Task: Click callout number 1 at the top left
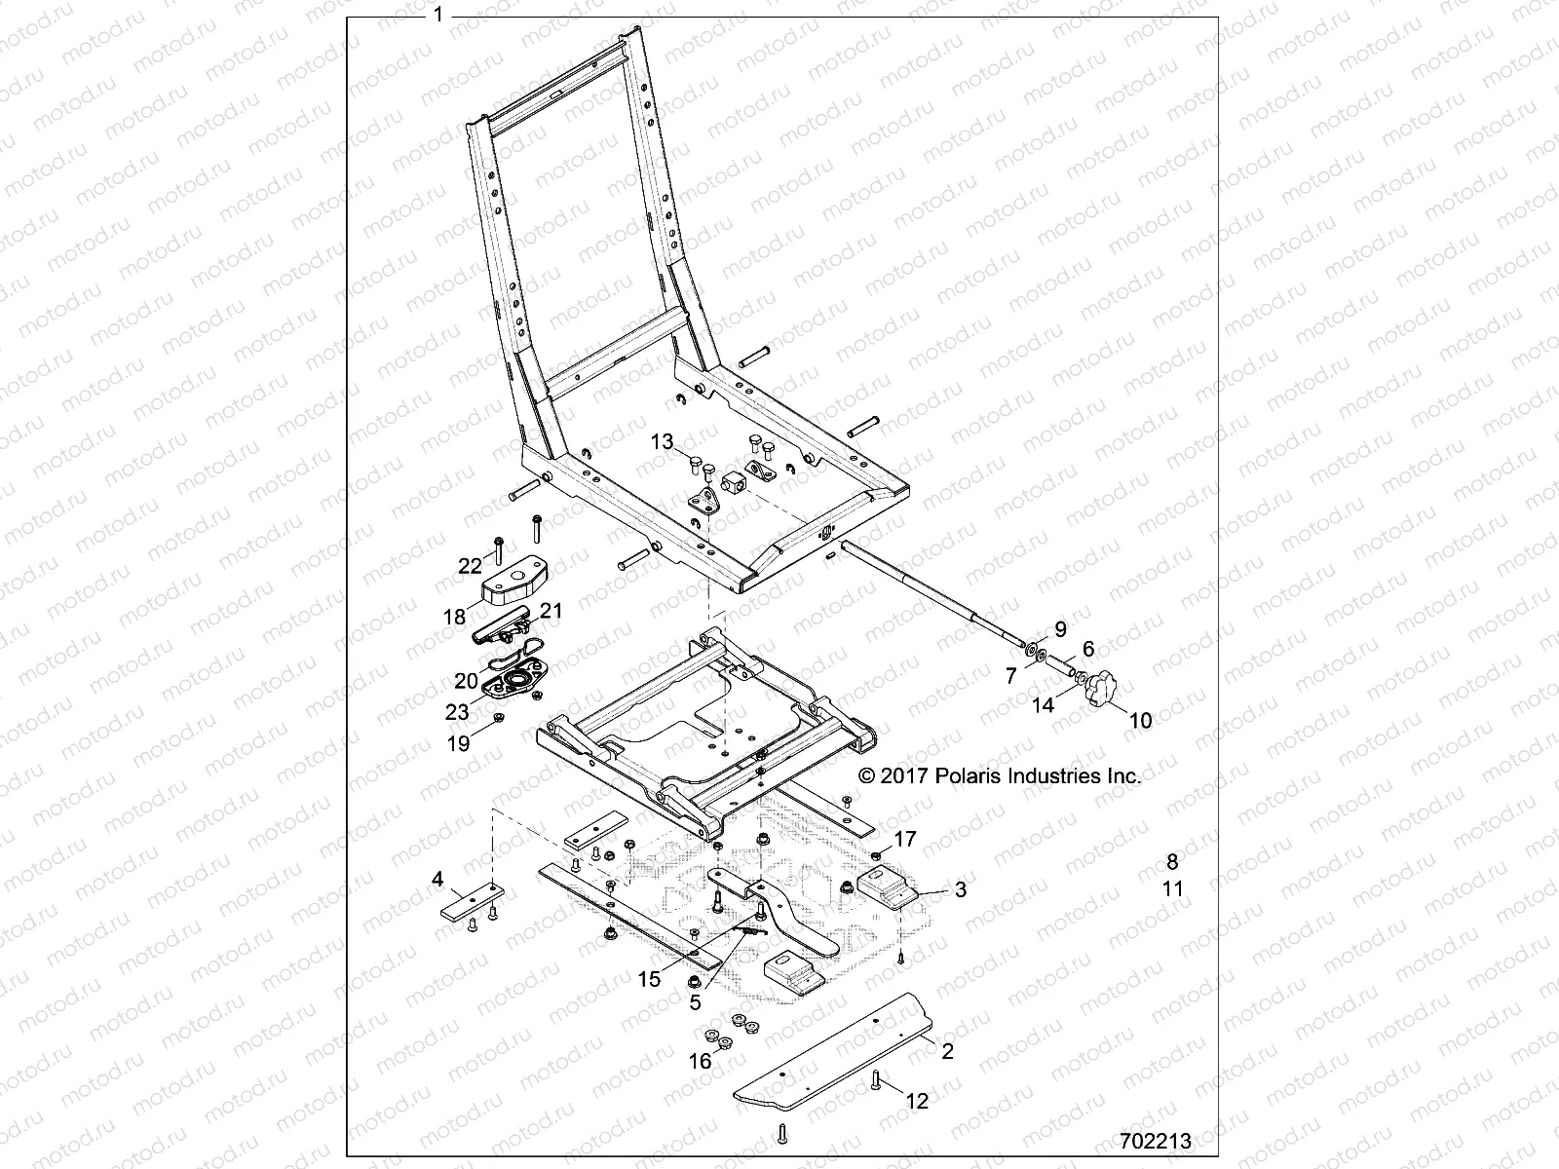click(x=438, y=15)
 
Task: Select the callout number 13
click(x=662, y=442)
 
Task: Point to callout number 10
click(x=1139, y=721)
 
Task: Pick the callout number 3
click(x=960, y=889)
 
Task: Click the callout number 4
click(x=437, y=880)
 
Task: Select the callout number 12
click(x=917, y=1102)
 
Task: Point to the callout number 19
click(x=458, y=743)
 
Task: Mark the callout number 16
click(x=701, y=1061)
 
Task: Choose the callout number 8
click(x=1172, y=861)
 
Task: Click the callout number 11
click(x=1172, y=888)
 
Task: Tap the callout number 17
click(x=905, y=838)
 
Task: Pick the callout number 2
click(x=947, y=1051)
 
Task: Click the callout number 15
click(x=649, y=977)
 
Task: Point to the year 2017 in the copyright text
click(x=906, y=776)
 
